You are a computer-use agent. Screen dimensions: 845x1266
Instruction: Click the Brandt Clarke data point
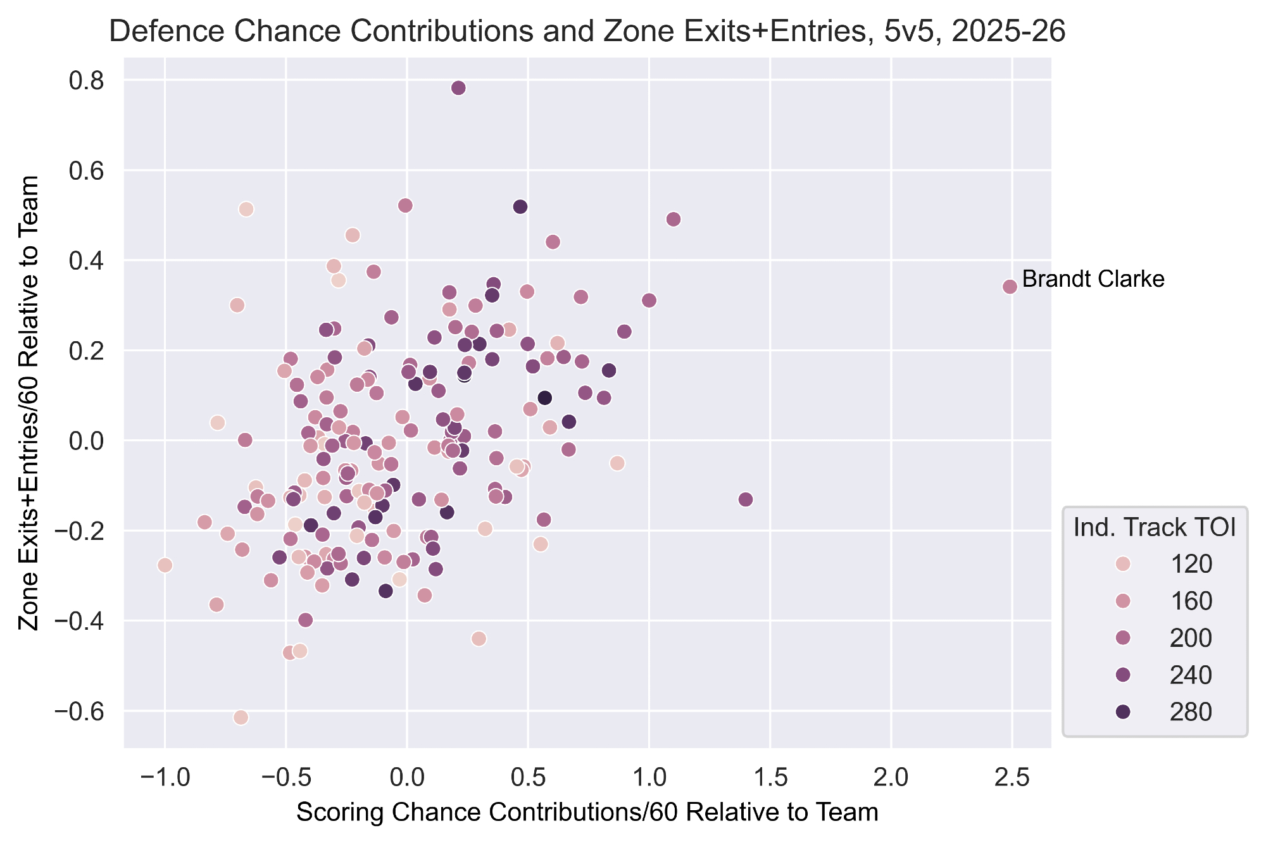coord(1010,287)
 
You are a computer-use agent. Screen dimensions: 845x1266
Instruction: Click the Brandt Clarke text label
coord(1093,279)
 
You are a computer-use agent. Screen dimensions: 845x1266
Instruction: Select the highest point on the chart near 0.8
coord(459,88)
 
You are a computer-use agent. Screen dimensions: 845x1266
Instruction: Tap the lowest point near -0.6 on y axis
coord(241,717)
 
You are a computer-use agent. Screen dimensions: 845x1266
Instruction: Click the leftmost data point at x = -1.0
coord(165,565)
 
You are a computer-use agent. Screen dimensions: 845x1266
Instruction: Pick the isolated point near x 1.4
coord(746,499)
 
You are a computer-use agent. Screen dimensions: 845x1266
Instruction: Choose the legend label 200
coord(1192,638)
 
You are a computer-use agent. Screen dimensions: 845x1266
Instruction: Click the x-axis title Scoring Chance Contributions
coord(587,813)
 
